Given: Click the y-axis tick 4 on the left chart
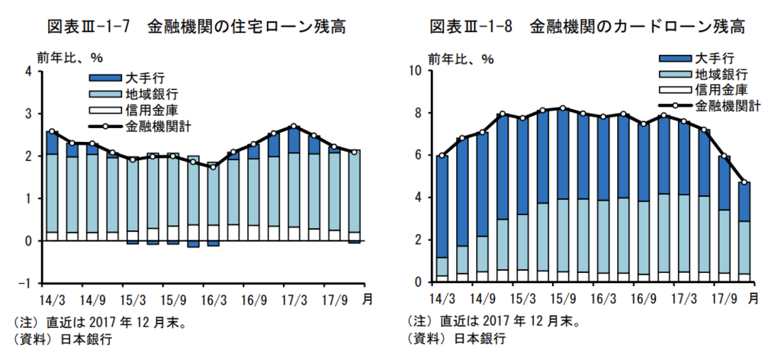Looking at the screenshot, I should click(x=29, y=72).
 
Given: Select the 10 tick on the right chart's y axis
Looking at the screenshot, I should click(x=416, y=71).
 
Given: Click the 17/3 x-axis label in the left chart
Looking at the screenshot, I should click(x=294, y=299).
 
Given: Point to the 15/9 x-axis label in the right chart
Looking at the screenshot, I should click(x=563, y=298).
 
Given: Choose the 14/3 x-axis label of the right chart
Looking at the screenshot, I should click(x=442, y=298).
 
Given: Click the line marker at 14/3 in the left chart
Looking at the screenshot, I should click(x=52, y=131).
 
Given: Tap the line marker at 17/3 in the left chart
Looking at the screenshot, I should click(x=294, y=127).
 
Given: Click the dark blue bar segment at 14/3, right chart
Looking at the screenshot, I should click(x=442, y=206).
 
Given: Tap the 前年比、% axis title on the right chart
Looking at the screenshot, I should click(x=461, y=58).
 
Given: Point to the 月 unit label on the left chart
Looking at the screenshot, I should click(x=368, y=300).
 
